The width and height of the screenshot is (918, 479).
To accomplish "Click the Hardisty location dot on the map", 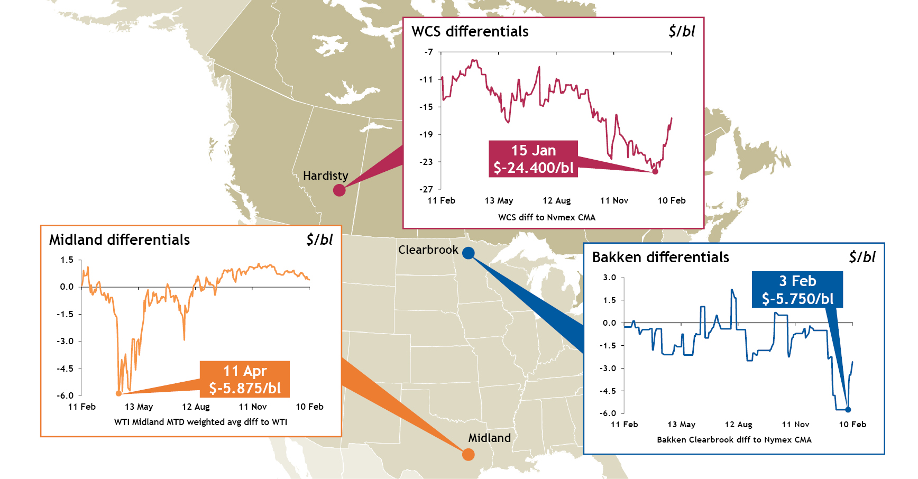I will [339, 190].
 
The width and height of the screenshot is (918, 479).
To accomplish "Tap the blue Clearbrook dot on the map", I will [468, 253].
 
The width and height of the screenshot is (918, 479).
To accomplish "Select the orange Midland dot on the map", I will [468, 454].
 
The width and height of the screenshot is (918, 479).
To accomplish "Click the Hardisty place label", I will [325, 176].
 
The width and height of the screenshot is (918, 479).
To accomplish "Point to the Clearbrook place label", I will [428, 250].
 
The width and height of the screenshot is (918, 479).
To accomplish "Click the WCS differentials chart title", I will [470, 32].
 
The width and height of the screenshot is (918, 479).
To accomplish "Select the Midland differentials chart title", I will [119, 240].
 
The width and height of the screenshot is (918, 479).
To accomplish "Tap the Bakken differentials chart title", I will [660, 257].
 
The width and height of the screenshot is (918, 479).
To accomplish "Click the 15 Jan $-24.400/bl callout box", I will [533, 159].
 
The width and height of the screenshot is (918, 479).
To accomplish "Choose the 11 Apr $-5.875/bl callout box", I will [245, 379].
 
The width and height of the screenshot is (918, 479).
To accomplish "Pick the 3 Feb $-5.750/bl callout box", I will [797, 290].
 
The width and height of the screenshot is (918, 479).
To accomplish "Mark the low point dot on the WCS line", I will [655, 171].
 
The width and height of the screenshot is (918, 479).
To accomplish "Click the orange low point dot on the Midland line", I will [118, 393].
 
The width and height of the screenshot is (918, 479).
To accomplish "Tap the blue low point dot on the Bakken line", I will [848, 410].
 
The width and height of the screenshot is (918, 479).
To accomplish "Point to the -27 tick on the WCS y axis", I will [426, 189].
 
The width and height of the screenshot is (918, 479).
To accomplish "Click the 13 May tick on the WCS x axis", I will [499, 200].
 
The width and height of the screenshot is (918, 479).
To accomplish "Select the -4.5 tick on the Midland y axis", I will [66, 368].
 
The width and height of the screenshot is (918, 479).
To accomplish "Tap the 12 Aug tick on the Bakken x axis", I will [738, 424].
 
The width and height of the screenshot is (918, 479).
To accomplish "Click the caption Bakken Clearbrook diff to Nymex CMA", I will [734, 439].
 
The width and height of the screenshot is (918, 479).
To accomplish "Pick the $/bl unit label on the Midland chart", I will [319, 240].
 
